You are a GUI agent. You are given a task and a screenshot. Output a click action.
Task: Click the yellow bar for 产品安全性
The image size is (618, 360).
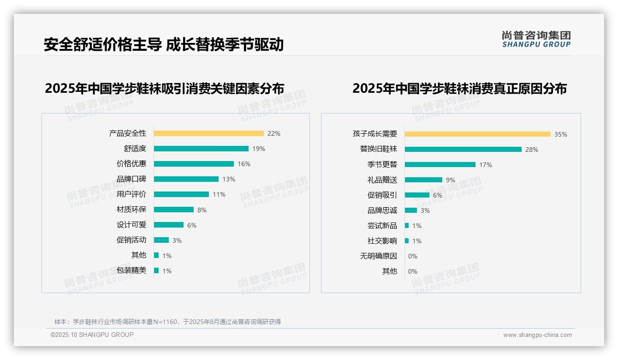(208, 133)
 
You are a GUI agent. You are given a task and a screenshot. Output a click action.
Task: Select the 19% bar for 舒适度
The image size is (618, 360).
(201, 149)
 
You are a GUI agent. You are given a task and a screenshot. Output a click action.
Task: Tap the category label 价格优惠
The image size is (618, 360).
(131, 164)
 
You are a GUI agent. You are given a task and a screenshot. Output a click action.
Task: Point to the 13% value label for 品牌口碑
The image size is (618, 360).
(229, 179)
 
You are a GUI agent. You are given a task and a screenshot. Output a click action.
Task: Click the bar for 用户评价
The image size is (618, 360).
(181, 194)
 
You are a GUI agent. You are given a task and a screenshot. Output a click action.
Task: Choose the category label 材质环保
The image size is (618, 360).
(131, 210)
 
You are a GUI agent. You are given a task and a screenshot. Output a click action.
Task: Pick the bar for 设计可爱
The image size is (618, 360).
(169, 225)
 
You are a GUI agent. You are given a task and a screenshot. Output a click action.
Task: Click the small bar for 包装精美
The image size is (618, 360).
(156, 270)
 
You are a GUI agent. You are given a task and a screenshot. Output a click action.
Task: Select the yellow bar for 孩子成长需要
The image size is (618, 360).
(477, 134)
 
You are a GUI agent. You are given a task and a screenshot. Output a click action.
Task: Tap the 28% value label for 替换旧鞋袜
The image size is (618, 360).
(531, 150)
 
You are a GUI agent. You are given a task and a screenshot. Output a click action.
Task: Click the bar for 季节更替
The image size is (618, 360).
(440, 165)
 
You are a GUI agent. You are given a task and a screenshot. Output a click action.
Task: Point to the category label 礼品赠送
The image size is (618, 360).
(382, 180)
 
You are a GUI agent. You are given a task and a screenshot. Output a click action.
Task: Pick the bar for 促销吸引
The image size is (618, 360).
(417, 195)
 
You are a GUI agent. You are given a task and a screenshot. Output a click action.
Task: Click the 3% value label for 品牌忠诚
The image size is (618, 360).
(425, 210)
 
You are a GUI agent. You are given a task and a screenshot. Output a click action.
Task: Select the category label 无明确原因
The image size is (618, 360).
(379, 256)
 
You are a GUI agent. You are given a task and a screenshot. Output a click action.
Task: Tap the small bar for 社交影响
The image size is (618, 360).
(407, 241)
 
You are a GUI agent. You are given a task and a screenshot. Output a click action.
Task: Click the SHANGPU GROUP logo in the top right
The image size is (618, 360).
(536, 39)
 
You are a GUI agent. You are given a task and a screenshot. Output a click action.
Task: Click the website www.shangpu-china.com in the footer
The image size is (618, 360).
(537, 335)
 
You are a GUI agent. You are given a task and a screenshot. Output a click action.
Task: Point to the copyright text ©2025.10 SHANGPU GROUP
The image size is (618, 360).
(92, 335)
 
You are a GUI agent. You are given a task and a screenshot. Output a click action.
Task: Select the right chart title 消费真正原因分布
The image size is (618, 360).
(459, 88)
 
